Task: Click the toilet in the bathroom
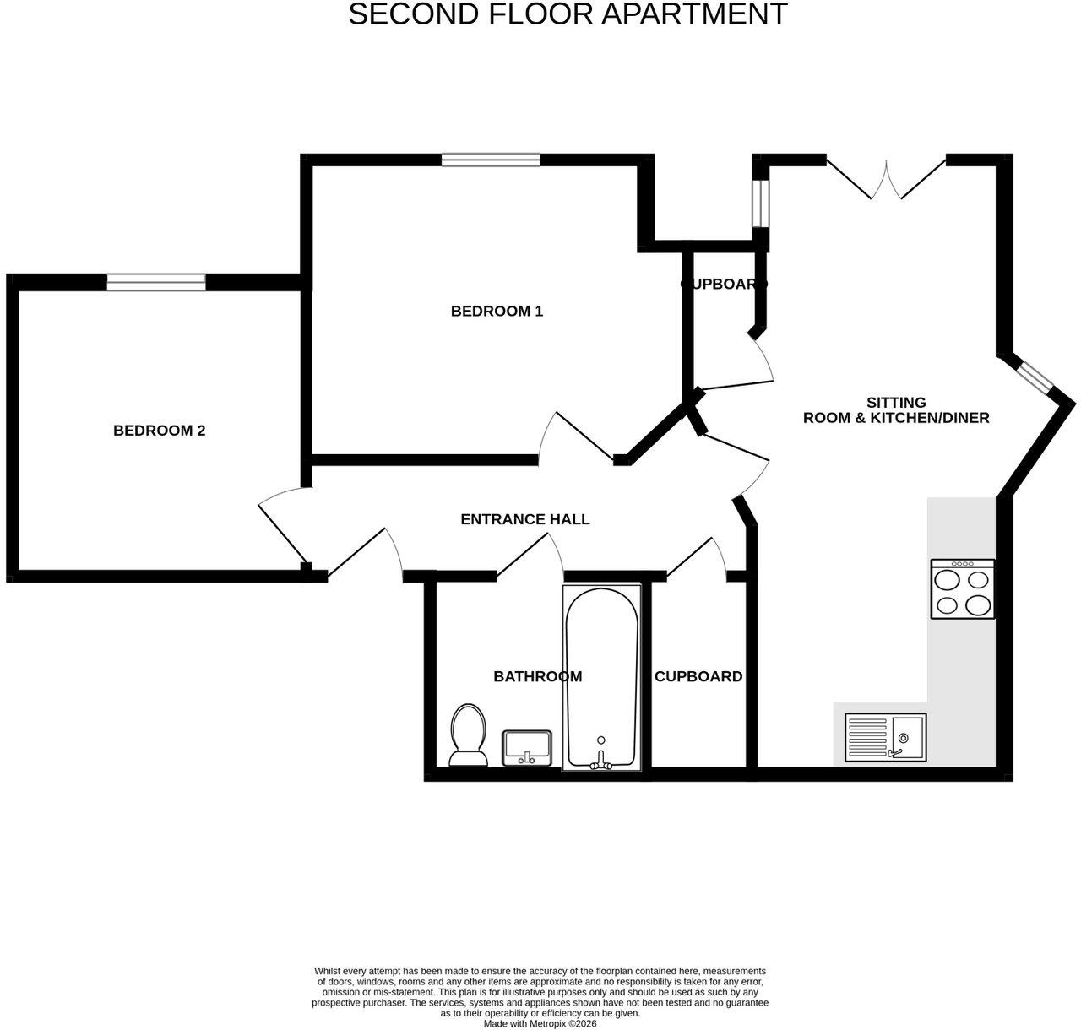468,735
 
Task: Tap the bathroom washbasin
527,747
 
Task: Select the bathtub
601,678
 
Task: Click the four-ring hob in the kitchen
962,589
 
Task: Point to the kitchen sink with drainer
885,737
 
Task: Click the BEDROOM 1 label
497,311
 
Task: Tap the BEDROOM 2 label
159,431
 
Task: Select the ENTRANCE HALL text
525,519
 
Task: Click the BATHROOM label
537,676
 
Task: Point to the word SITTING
896,402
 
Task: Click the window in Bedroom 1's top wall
491,160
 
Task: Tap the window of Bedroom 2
156,282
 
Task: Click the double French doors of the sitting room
887,179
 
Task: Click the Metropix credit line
540,1024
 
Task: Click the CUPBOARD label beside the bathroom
698,676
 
